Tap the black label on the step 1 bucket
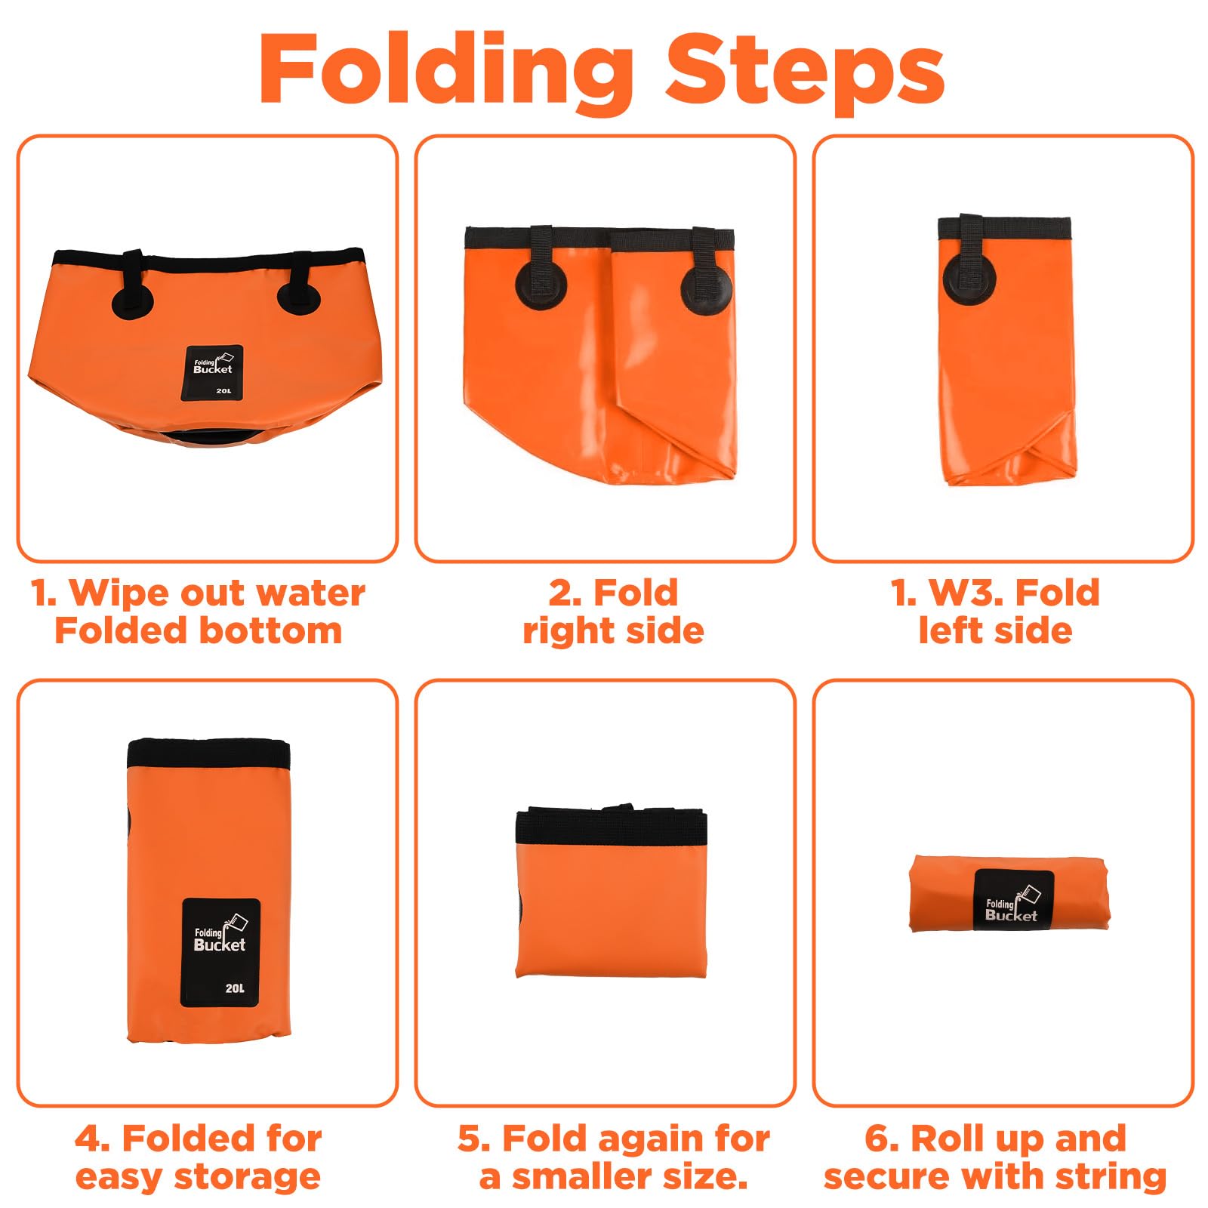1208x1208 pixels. click(214, 373)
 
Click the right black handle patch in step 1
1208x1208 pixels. click(298, 291)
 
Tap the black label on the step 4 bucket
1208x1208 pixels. click(220, 953)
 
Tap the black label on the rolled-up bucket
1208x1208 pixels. click(1013, 899)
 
